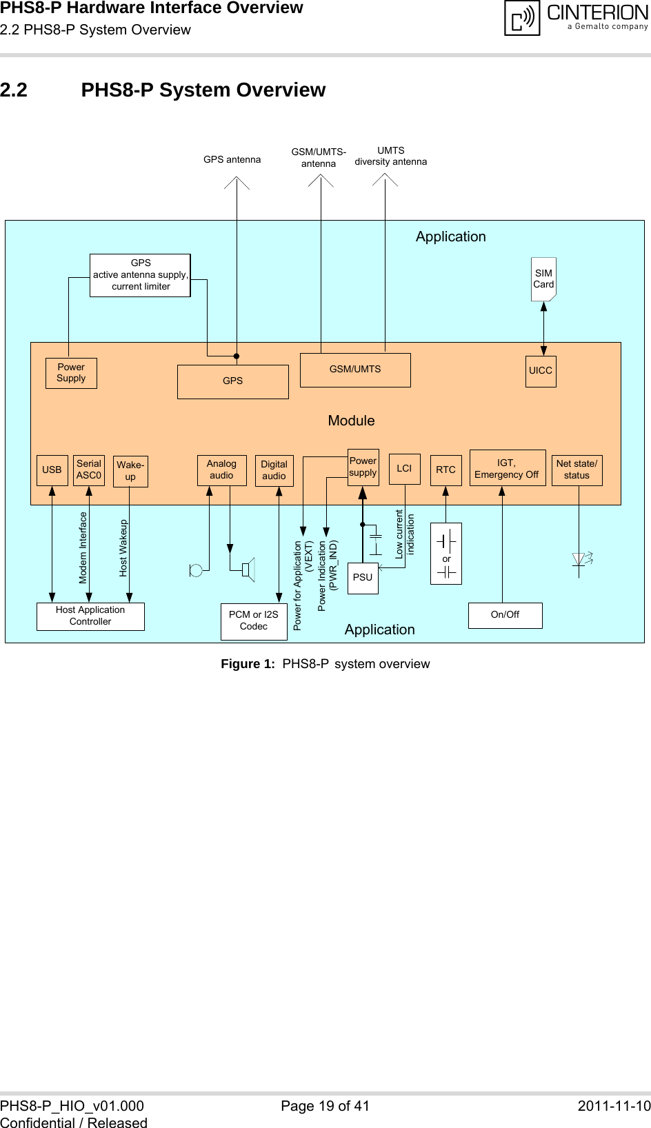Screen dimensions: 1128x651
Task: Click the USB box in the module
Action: point(52,470)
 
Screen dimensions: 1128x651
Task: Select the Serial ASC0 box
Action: point(89,470)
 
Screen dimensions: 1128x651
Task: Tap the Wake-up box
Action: point(130,471)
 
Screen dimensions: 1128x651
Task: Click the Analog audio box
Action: point(221,470)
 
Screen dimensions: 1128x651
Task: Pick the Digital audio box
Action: point(274,470)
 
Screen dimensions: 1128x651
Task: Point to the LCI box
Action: point(404,469)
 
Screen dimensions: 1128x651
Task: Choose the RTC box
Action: point(445,470)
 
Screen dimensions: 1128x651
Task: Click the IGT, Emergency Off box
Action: point(507,468)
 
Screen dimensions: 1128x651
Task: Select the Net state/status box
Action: point(577,470)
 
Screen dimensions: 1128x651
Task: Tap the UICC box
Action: point(541,371)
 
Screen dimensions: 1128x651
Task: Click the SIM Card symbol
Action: point(543,279)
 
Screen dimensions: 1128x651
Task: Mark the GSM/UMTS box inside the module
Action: point(355,370)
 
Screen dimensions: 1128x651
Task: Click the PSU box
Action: point(363,578)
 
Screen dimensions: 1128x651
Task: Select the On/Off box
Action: point(505,615)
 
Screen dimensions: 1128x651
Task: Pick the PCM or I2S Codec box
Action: point(254,621)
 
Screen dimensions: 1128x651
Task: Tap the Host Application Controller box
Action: point(90,616)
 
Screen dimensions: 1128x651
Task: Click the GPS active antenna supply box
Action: point(140,275)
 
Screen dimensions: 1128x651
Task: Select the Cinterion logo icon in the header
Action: point(522,18)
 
